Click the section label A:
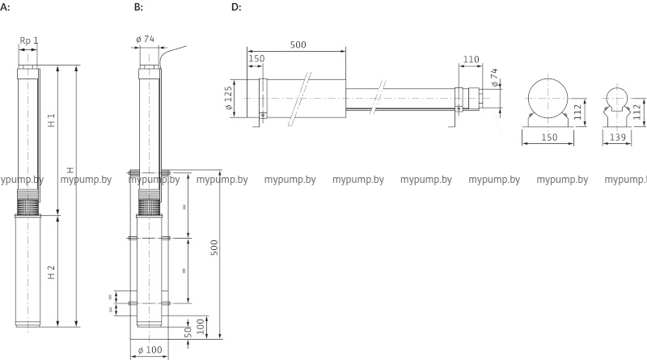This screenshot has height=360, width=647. (x=6, y=7)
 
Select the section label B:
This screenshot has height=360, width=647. (x=137, y=7)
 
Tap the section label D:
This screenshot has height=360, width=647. (x=236, y=7)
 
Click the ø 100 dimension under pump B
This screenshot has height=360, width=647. (x=151, y=349)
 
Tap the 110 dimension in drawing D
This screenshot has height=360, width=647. (x=472, y=60)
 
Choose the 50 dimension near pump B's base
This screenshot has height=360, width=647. (x=188, y=331)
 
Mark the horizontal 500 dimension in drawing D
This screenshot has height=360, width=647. (x=297, y=45)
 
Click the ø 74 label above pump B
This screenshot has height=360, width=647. (x=146, y=40)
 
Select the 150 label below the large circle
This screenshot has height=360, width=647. (x=549, y=138)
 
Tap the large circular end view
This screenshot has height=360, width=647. (x=548, y=98)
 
